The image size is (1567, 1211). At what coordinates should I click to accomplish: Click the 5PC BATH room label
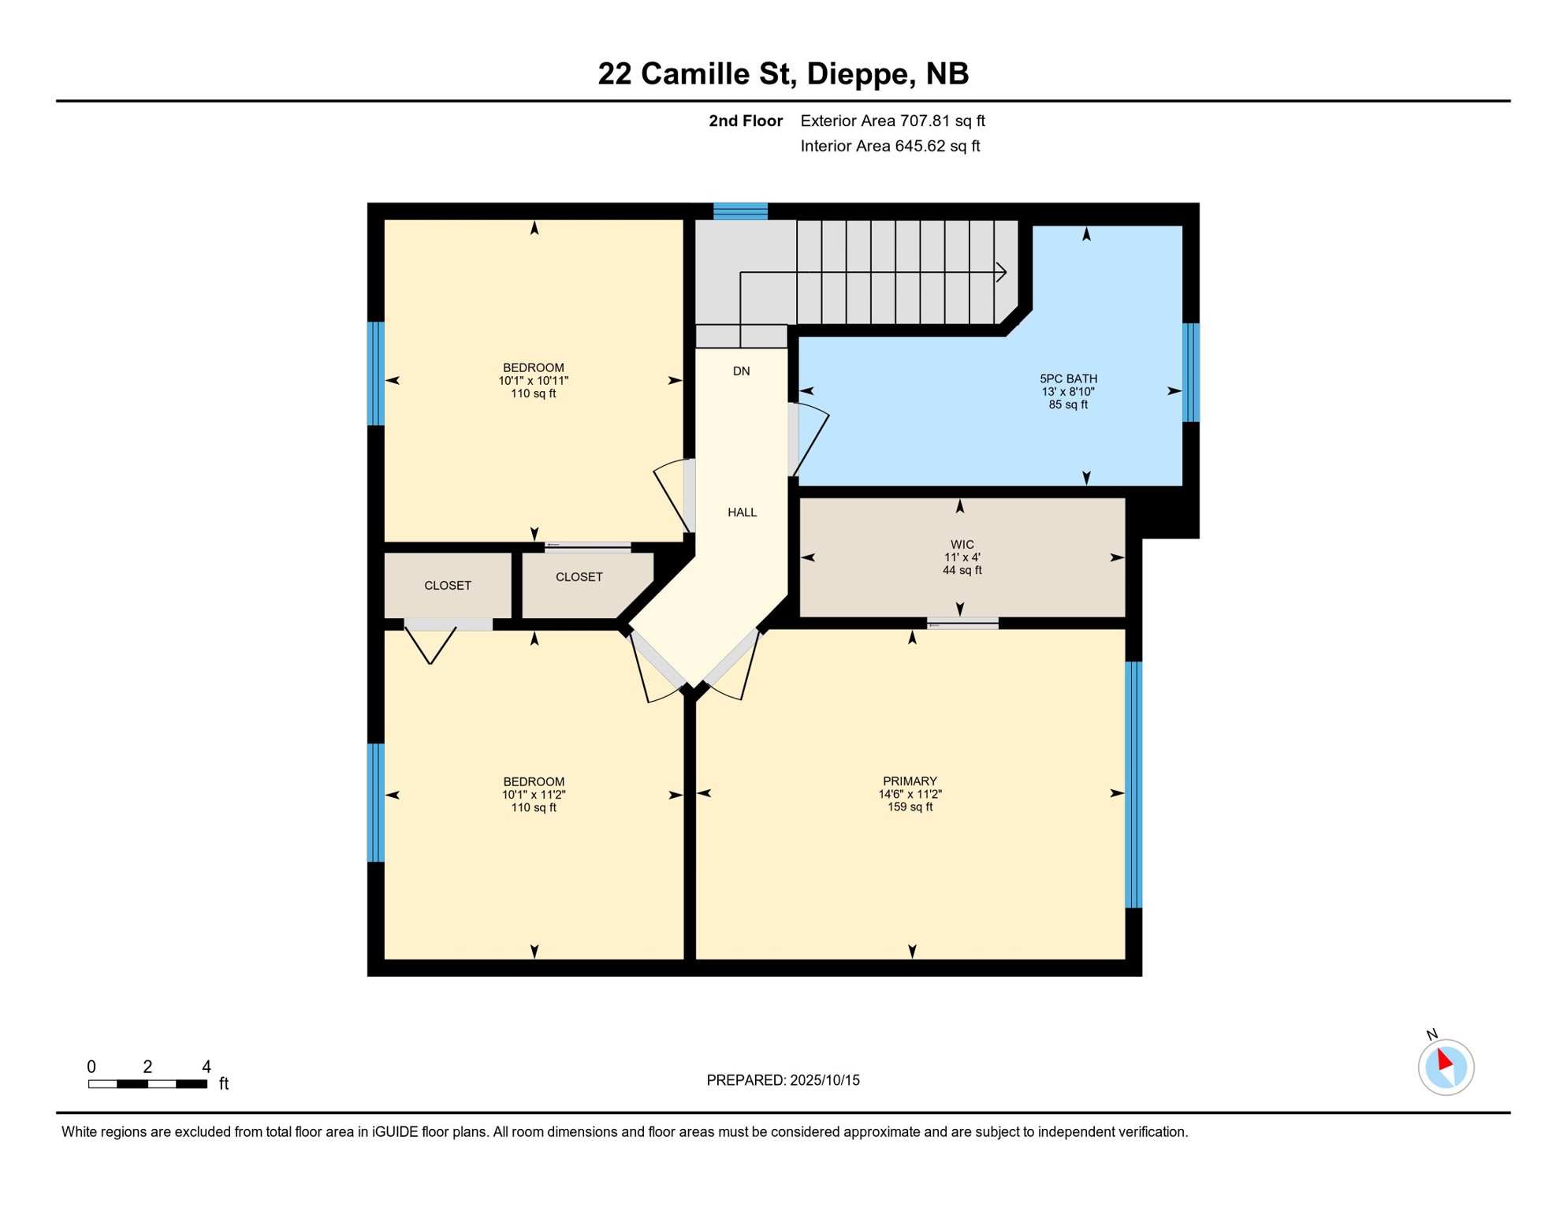tap(1068, 378)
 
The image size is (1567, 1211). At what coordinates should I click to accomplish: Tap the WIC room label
tap(962, 544)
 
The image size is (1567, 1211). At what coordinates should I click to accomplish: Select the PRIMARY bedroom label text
tap(910, 781)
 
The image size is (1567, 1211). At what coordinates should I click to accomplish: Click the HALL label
tap(742, 512)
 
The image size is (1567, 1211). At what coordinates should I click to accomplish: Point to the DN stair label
tap(741, 371)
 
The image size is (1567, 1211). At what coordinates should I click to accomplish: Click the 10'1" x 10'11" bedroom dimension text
tap(533, 381)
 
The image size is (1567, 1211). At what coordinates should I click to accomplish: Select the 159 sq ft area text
tap(910, 807)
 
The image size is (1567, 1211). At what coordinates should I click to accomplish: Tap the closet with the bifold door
tap(447, 585)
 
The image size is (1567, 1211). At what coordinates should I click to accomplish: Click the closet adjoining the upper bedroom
tap(579, 583)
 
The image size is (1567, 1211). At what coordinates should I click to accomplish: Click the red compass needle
tap(1444, 1059)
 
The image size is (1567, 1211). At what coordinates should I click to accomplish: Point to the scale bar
tap(147, 1084)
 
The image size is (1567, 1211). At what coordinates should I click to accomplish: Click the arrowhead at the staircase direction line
tap(1002, 273)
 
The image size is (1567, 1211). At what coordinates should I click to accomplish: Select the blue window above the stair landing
tap(740, 211)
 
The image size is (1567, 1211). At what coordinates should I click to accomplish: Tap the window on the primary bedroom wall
tap(1133, 784)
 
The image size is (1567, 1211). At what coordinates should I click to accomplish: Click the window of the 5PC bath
tap(1191, 372)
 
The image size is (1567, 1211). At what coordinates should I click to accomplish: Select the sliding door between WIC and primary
tap(962, 624)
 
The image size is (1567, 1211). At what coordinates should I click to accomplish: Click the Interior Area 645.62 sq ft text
tap(889, 146)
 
